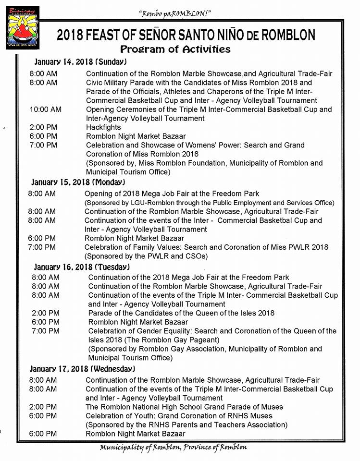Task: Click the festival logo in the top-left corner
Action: pos(22,28)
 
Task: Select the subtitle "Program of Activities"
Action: pos(175,49)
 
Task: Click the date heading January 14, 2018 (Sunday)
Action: pos(80,62)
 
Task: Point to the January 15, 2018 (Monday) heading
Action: pos(78,182)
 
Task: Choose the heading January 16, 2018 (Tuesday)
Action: pos(81,267)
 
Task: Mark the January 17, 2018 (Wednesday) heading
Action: pos(82,369)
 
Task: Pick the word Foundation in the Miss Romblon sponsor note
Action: pos(202,163)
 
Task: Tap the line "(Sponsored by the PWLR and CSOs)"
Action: pos(146,256)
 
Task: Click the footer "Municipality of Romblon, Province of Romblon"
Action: pos(174,448)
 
